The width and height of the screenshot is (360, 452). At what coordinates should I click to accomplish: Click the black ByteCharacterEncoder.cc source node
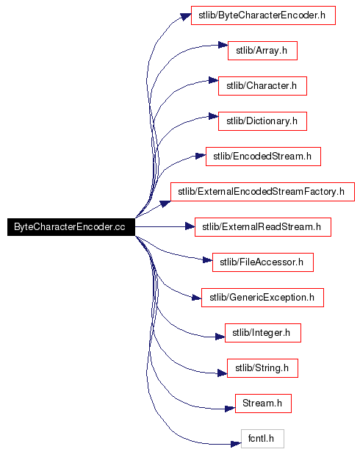click(x=71, y=227)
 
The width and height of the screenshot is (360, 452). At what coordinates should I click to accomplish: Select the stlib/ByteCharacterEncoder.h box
click(x=263, y=15)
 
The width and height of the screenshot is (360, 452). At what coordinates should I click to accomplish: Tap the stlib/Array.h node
click(x=262, y=51)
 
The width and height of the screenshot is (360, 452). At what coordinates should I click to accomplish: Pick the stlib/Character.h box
click(x=262, y=86)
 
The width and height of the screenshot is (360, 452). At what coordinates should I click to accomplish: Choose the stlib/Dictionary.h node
click(x=262, y=121)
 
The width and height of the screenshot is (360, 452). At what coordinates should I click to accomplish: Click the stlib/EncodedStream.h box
click(x=263, y=157)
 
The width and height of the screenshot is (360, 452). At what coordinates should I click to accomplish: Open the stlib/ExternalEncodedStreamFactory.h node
click(x=262, y=192)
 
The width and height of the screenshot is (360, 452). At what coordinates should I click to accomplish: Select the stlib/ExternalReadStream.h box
click(x=263, y=227)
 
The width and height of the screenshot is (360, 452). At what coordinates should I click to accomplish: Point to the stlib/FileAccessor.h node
click(x=263, y=262)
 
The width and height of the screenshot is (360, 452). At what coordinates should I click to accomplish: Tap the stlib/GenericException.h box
click(x=262, y=298)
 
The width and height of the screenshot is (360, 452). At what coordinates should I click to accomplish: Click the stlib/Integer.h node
click(x=263, y=333)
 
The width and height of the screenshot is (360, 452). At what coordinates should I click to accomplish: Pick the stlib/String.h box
click(x=262, y=368)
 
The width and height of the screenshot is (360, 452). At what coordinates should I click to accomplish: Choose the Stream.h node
click(x=263, y=403)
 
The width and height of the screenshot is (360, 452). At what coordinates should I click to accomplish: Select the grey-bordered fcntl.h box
click(x=262, y=439)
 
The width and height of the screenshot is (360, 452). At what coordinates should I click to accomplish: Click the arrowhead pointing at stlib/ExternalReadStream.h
click(x=190, y=226)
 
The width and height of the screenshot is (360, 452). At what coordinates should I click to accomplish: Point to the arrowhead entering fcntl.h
click(x=236, y=444)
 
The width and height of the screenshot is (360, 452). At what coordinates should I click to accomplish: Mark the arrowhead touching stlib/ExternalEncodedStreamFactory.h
click(x=165, y=204)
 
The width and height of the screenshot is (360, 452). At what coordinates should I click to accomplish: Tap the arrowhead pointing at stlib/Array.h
click(x=223, y=45)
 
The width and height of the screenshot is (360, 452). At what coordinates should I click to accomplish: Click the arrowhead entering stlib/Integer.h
click(x=220, y=337)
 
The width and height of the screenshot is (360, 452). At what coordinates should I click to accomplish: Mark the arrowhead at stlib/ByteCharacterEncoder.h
click(x=186, y=16)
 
